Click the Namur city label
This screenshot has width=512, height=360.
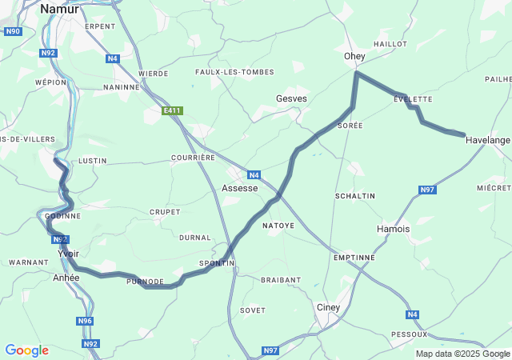click(59, 9)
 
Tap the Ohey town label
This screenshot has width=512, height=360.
click(354, 57)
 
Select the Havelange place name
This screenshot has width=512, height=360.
click(487, 140)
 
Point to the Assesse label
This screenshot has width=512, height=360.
click(239, 188)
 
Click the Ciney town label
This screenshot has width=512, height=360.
click(328, 307)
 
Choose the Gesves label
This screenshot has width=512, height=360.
click(291, 98)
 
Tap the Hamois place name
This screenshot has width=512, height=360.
click(393, 229)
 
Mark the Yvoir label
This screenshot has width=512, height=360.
click(69, 254)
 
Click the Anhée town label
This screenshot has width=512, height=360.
click(66, 278)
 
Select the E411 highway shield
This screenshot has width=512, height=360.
click(170, 111)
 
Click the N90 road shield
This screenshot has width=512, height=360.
click(12, 32)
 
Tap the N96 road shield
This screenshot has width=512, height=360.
click(86, 321)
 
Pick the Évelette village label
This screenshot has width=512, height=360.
click(413, 99)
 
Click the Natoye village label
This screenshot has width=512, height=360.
click(278, 226)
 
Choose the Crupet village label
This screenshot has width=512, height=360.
click(164, 212)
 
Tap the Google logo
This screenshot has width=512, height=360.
click(26, 350)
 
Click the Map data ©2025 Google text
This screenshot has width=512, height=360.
click(462, 354)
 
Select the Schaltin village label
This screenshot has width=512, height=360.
click(355, 196)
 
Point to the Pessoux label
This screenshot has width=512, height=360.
click(409, 334)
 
